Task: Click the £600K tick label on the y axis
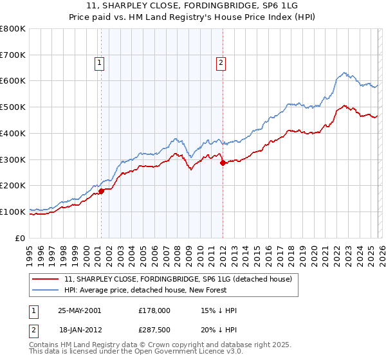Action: [13, 81]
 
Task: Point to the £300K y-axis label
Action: [13, 159]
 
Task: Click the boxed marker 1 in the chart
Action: [100, 63]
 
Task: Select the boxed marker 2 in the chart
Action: [221, 63]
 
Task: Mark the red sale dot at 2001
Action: [102, 191]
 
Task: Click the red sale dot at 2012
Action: [223, 163]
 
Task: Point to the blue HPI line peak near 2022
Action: [345, 73]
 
